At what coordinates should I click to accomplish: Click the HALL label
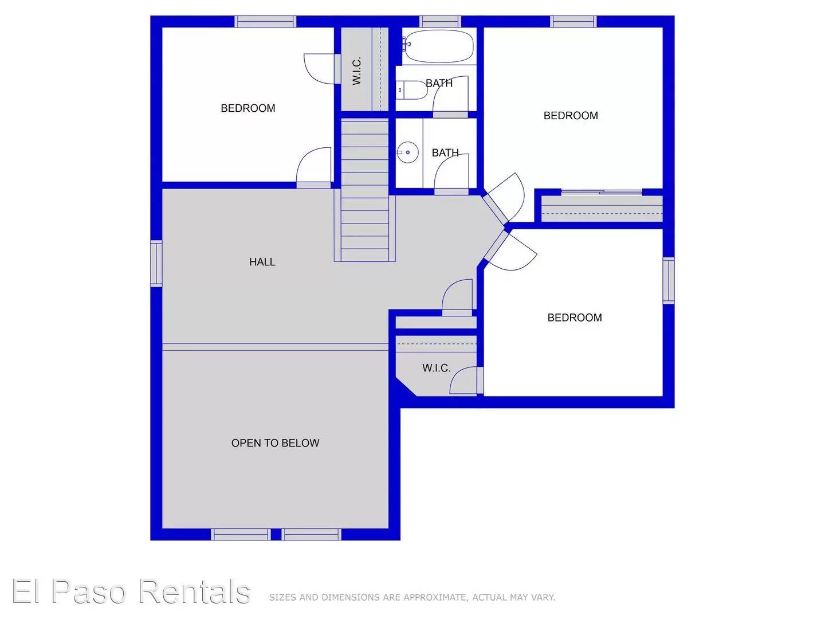point(262,262)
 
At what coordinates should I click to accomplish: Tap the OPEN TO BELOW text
point(275,443)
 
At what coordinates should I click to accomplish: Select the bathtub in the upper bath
point(439,46)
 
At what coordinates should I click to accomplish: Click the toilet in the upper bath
point(411,90)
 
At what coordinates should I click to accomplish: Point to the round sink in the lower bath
point(407,152)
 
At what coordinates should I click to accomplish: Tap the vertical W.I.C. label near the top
point(357,70)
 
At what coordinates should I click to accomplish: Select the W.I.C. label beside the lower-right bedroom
point(436,368)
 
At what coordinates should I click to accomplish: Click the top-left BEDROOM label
point(247,108)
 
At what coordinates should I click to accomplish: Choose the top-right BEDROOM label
point(571,116)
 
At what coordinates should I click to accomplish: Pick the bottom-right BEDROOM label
point(575,318)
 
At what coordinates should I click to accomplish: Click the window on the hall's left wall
point(156,263)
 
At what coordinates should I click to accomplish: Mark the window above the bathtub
point(439,22)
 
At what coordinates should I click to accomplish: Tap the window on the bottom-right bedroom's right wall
point(668,280)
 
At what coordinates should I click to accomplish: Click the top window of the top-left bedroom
point(265,22)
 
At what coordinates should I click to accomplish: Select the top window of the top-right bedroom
point(573,22)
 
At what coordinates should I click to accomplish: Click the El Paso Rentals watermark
point(131,591)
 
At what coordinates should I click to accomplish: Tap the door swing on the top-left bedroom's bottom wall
point(314,166)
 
